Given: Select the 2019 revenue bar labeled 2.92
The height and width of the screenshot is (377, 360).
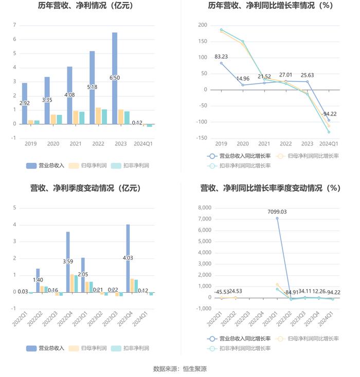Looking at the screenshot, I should (25, 103).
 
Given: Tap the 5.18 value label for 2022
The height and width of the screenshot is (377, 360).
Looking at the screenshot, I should (92, 87).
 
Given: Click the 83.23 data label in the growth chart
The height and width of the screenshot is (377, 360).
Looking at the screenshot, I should (222, 56).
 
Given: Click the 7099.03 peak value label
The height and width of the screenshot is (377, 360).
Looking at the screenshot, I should (277, 212).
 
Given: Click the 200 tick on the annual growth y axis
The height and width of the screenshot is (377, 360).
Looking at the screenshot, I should (203, 25).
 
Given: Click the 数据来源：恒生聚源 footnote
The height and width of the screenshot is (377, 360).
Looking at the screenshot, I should (180, 369).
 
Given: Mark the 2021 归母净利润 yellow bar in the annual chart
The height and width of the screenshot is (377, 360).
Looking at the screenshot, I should (76, 117).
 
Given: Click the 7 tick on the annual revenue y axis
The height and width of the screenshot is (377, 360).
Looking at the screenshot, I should (14, 25).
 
